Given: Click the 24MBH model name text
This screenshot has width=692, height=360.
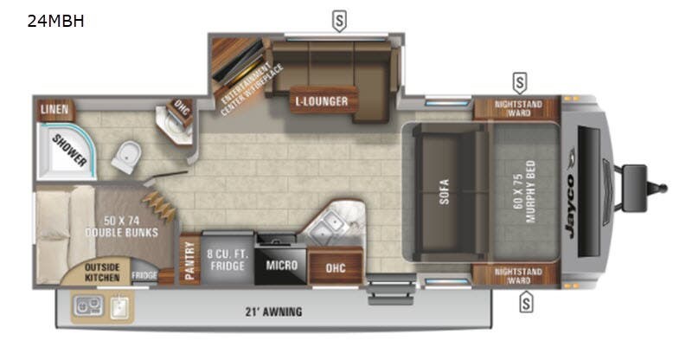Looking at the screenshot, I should tap(56, 22).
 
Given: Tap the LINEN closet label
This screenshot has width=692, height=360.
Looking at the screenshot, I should tap(54, 110).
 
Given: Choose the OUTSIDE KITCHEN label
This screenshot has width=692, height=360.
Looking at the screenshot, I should tap(102, 271).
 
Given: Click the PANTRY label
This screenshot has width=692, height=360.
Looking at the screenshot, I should tap(190, 260).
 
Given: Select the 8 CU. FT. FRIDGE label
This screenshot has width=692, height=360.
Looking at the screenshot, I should tap(227, 260).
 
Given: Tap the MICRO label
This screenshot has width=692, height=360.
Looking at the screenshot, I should tap(281, 265).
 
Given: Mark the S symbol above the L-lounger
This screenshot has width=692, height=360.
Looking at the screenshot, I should tap(340, 21).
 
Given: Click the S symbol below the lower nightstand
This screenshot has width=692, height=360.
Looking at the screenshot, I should tap(524, 302).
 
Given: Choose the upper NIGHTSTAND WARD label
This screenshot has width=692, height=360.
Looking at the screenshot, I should tap(518, 109).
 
